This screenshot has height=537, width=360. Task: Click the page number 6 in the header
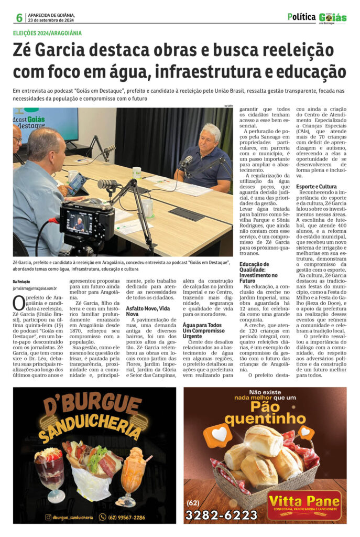19,17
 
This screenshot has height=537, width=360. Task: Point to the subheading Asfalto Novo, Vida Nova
148,309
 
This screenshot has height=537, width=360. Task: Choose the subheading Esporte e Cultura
317,186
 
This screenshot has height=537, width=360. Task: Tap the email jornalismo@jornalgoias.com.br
35,288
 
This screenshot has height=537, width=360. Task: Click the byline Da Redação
21,282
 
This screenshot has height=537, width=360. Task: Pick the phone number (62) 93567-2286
126,517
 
